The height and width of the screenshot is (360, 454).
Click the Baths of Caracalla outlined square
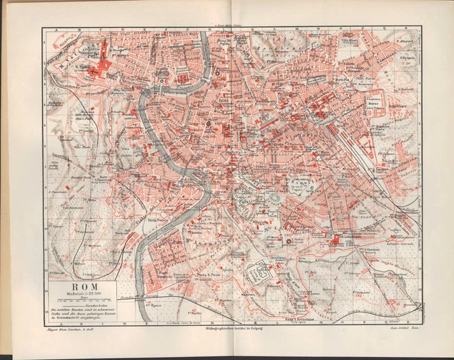(258, 272)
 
